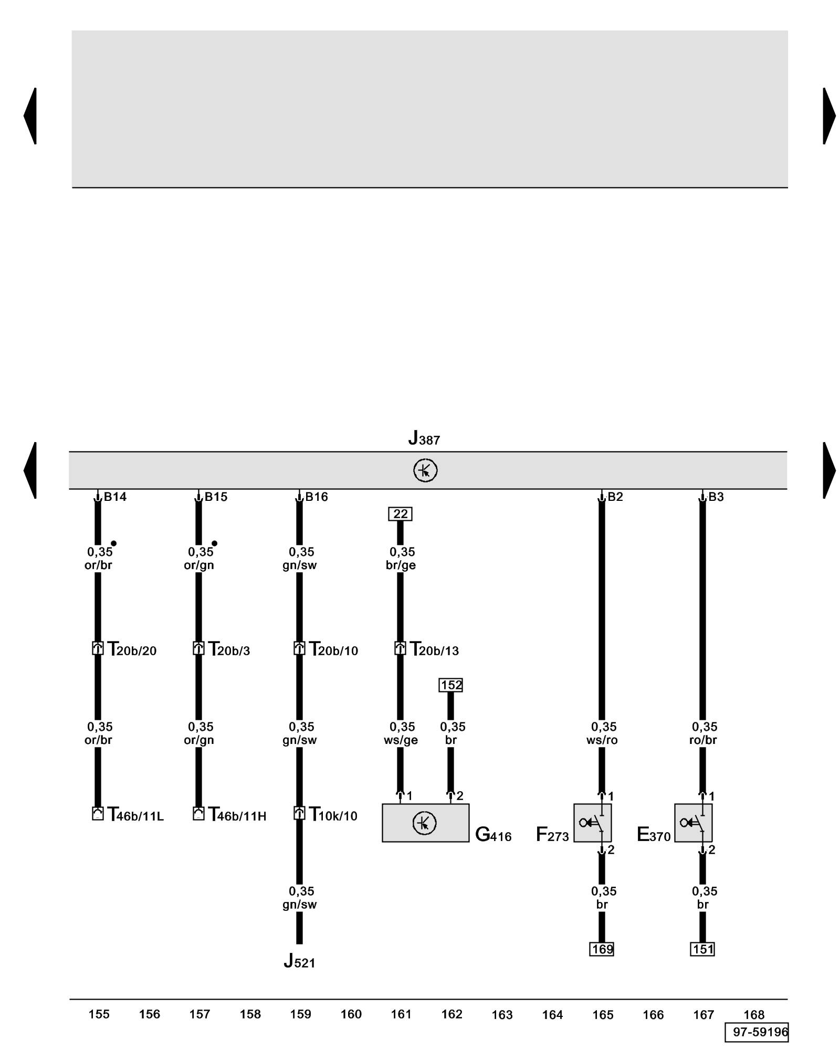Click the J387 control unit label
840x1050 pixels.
pos(424,438)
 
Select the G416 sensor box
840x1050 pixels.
pos(425,823)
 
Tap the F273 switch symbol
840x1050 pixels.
pos(592,823)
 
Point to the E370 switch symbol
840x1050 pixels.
pos(693,823)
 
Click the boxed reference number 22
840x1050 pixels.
pos(400,514)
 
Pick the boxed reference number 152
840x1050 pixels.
pos(450,685)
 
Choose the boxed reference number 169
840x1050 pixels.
pos(602,949)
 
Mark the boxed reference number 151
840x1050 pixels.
pos(702,949)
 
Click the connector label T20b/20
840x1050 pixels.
pos(132,649)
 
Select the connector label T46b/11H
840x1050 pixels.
pos(237,815)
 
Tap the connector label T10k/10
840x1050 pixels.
pos(333,815)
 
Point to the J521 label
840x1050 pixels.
pos(299,961)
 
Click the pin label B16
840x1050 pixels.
pos(317,497)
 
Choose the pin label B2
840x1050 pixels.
pos(615,497)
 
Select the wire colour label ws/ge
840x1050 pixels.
pos(401,740)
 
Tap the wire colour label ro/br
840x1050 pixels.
pos(703,740)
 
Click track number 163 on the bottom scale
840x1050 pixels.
pos(502,1015)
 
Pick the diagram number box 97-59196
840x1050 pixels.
pos(757,1032)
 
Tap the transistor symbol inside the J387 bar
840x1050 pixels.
pos(425,470)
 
